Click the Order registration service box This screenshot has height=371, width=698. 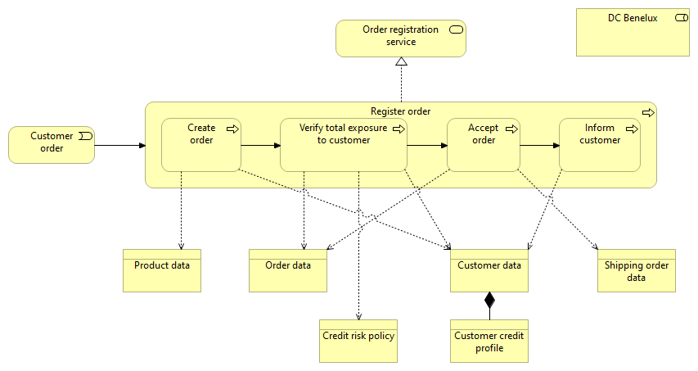tap(401, 38)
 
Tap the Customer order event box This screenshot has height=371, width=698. tap(52, 144)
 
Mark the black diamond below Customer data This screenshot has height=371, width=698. tap(489, 300)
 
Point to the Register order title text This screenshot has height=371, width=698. tap(400, 111)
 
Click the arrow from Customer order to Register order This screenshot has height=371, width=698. tap(119, 146)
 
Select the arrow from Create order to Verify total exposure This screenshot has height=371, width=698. tap(260, 147)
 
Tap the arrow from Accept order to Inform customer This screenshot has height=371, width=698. tap(539, 147)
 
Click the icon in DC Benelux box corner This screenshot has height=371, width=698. tap(679, 18)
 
